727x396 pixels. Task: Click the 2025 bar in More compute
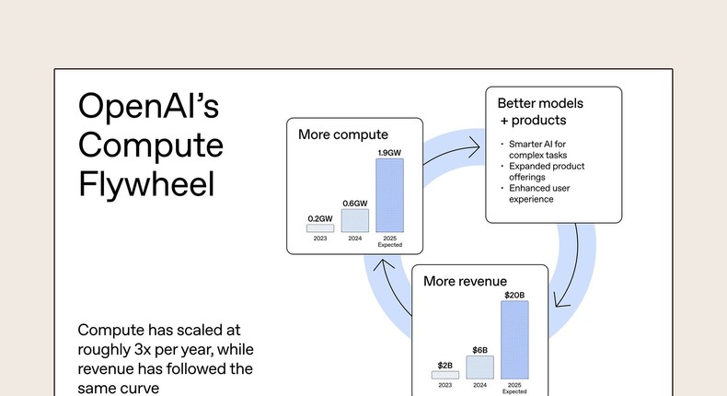390,195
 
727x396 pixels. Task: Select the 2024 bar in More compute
354,220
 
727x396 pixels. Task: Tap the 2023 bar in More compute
320,227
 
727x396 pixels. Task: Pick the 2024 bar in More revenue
479,367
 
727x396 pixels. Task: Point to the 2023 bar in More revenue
444,375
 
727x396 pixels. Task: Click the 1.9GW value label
390,151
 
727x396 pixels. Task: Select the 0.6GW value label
354,203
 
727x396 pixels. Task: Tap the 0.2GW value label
320,218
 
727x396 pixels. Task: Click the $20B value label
514,295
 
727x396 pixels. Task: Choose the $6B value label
479,350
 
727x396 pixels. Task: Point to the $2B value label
444,366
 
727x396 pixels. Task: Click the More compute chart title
343,134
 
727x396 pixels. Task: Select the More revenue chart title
465,280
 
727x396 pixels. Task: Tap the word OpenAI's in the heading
149,107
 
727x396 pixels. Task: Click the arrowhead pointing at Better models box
476,145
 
